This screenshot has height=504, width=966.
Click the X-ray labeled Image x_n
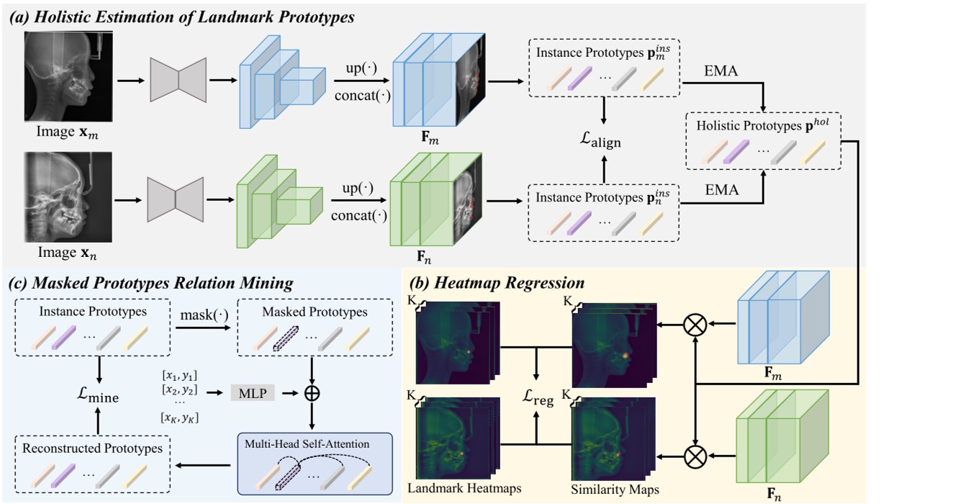coord(66,197)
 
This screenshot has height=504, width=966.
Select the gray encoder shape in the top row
coord(178,78)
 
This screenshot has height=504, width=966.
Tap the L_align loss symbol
coord(602,142)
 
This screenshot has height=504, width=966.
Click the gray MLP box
coord(252,393)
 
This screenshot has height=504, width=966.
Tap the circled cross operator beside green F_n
coord(696,454)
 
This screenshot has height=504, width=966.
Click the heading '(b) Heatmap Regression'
coord(496,282)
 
